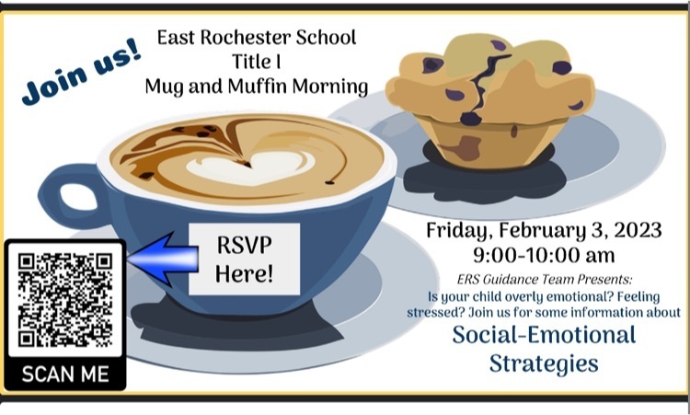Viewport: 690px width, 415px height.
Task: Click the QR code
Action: tap(65, 300)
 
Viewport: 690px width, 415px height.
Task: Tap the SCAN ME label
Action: tap(65, 375)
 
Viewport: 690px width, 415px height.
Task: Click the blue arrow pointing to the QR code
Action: tap(163, 259)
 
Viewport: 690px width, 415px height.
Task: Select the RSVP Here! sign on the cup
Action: tap(244, 259)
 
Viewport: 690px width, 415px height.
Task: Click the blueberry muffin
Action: tap(489, 101)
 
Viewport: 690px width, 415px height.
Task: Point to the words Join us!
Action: tap(82, 71)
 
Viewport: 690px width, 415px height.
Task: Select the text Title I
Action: tap(257, 61)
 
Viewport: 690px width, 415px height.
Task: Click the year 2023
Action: tap(638, 230)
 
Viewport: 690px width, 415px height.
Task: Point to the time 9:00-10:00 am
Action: tap(544, 255)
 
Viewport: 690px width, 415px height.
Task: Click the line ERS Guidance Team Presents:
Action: tap(545, 280)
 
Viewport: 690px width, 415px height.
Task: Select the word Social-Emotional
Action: tap(545, 334)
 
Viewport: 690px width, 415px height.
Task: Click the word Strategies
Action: tap(544, 364)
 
